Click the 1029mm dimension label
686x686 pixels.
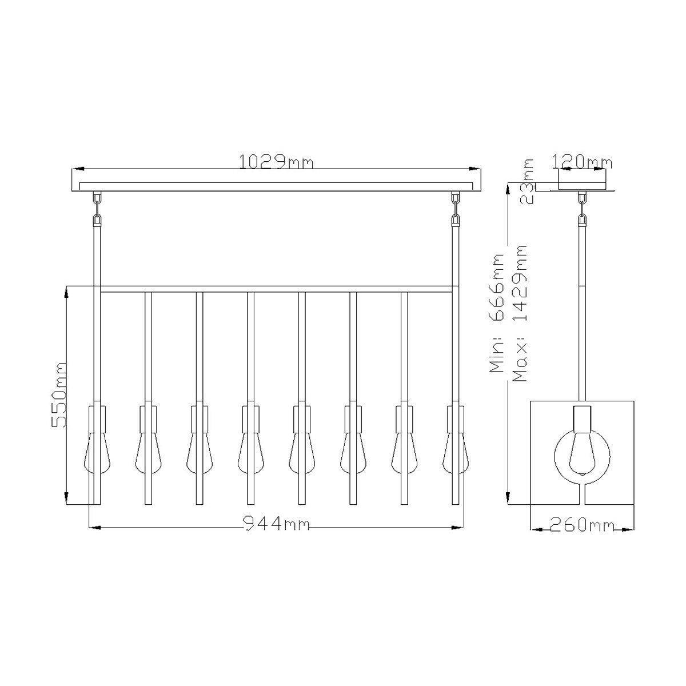pyautogui.click(x=276, y=162)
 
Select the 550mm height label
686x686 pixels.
pyautogui.click(x=59, y=394)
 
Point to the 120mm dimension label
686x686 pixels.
pyautogui.click(x=582, y=162)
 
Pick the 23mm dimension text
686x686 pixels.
pyautogui.click(x=527, y=181)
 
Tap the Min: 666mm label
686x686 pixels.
pyautogui.click(x=496, y=313)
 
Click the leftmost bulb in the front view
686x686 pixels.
pyautogui.click(x=97, y=452)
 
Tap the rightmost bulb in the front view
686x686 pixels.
pyautogui.click(x=456, y=452)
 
